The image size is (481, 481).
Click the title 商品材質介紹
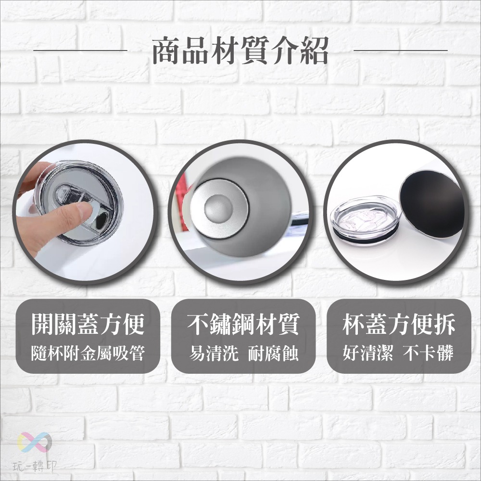pos(240,51)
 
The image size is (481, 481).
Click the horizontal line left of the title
pos(80,50)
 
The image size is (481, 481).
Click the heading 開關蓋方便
pos(88,325)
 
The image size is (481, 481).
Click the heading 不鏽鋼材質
pos(243,325)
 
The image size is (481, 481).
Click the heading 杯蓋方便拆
pos(399,325)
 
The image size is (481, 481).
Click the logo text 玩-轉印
pos(35,466)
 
